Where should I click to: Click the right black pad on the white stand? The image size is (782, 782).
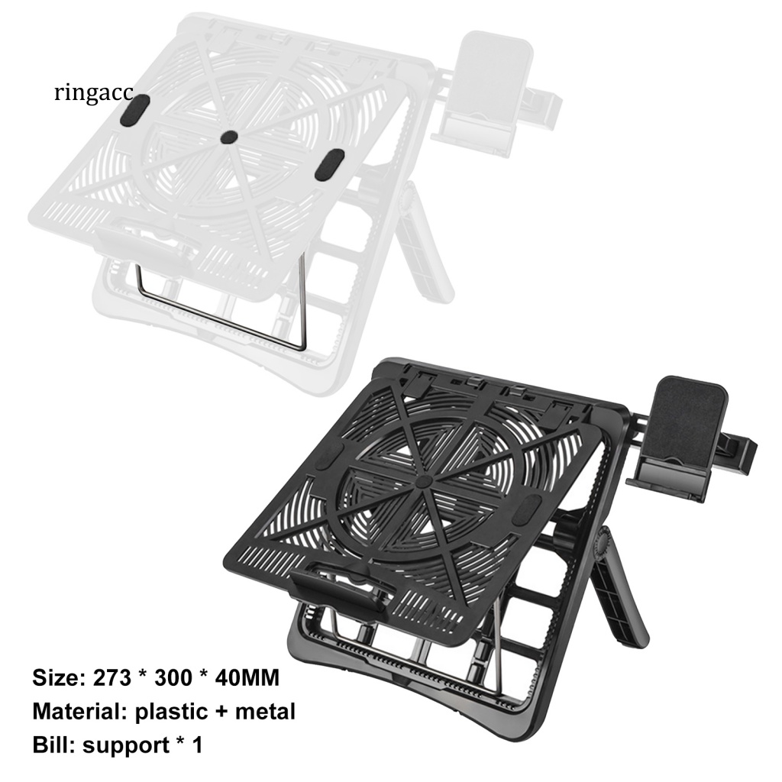pos(330,164)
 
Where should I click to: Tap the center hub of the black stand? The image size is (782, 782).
pos(424,482)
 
